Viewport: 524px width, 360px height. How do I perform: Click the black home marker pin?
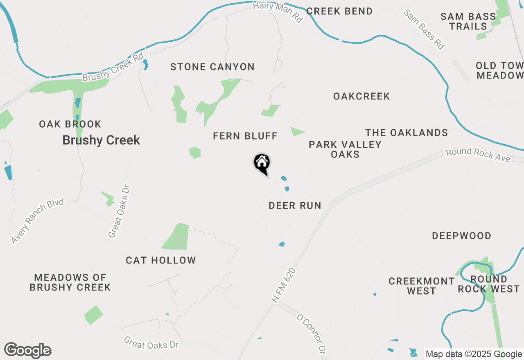coord(262,163)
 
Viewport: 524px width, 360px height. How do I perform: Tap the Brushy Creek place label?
coord(101,140)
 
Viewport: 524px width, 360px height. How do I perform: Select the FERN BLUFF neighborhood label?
coord(245,136)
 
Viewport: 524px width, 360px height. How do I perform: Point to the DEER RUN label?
coord(295,205)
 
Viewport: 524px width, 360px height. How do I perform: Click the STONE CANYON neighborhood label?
coord(212,67)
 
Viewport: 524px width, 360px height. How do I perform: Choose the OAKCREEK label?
coord(361,96)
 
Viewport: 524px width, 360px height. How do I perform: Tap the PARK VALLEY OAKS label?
coord(345,149)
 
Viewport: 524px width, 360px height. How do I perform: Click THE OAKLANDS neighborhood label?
coord(407,133)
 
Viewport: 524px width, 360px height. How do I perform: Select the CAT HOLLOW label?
coord(161,260)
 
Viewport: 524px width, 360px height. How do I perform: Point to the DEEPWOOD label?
coord(462,236)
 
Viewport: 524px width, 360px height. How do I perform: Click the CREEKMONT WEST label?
coord(421,286)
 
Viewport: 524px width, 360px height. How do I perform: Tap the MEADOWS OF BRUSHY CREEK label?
coord(70,282)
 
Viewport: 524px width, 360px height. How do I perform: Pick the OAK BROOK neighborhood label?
coord(70,124)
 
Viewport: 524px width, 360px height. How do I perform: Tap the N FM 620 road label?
coord(284,286)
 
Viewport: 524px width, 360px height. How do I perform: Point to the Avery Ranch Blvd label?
coord(38,221)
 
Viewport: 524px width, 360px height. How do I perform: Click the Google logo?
coord(27,350)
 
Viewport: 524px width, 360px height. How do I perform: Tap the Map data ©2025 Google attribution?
coord(474,354)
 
